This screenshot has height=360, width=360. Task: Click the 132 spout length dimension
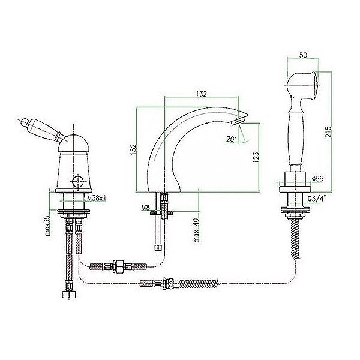coord(202,94)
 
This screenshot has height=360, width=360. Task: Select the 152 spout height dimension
coord(133,149)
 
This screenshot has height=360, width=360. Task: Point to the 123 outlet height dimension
coord(256,157)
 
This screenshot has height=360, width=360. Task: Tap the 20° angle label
coord(231,139)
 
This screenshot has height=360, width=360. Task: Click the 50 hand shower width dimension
coord(303,55)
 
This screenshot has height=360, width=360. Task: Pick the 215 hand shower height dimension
coord(328,131)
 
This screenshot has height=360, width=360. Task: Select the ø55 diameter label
coord(318,179)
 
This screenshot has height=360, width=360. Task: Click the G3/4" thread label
coord(317,199)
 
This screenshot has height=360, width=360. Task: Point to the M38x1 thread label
coord(95,198)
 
